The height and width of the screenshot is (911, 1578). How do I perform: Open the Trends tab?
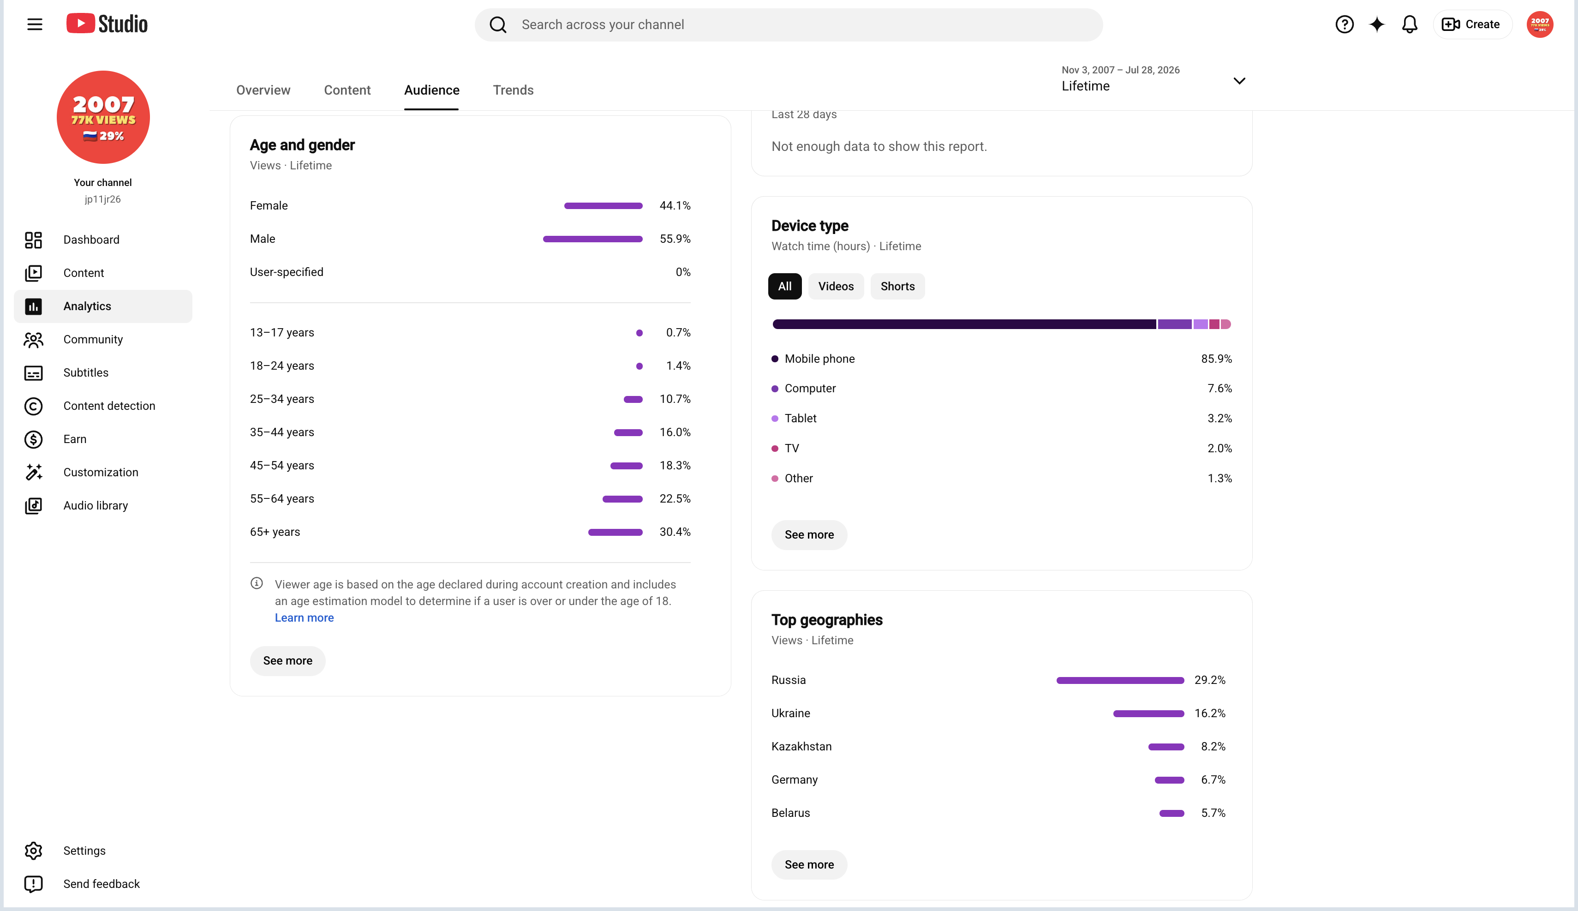tap(513, 90)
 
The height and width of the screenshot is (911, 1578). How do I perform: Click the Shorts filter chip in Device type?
tap(897, 287)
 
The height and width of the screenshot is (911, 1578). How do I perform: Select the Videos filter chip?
tap(836, 287)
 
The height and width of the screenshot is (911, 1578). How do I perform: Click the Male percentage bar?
tap(592, 239)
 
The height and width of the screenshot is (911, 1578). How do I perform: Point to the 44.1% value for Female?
tap(675, 206)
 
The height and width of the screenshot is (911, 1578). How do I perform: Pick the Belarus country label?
tap(790, 813)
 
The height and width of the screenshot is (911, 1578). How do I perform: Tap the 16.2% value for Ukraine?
tap(1210, 714)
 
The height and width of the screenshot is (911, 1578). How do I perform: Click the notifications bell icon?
tap(1409, 24)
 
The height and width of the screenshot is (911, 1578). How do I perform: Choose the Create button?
tap(1472, 24)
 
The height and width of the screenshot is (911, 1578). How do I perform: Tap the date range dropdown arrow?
tap(1239, 81)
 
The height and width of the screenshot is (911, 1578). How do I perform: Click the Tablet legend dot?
tap(775, 419)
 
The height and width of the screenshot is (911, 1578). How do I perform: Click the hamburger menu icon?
tap(35, 24)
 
